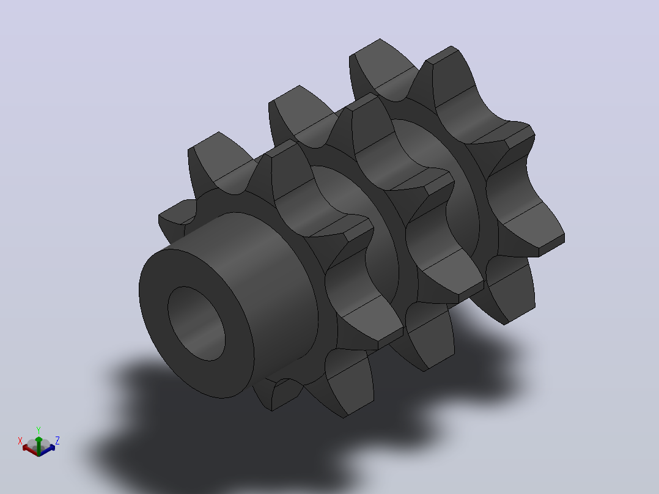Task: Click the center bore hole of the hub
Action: point(196,323)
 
